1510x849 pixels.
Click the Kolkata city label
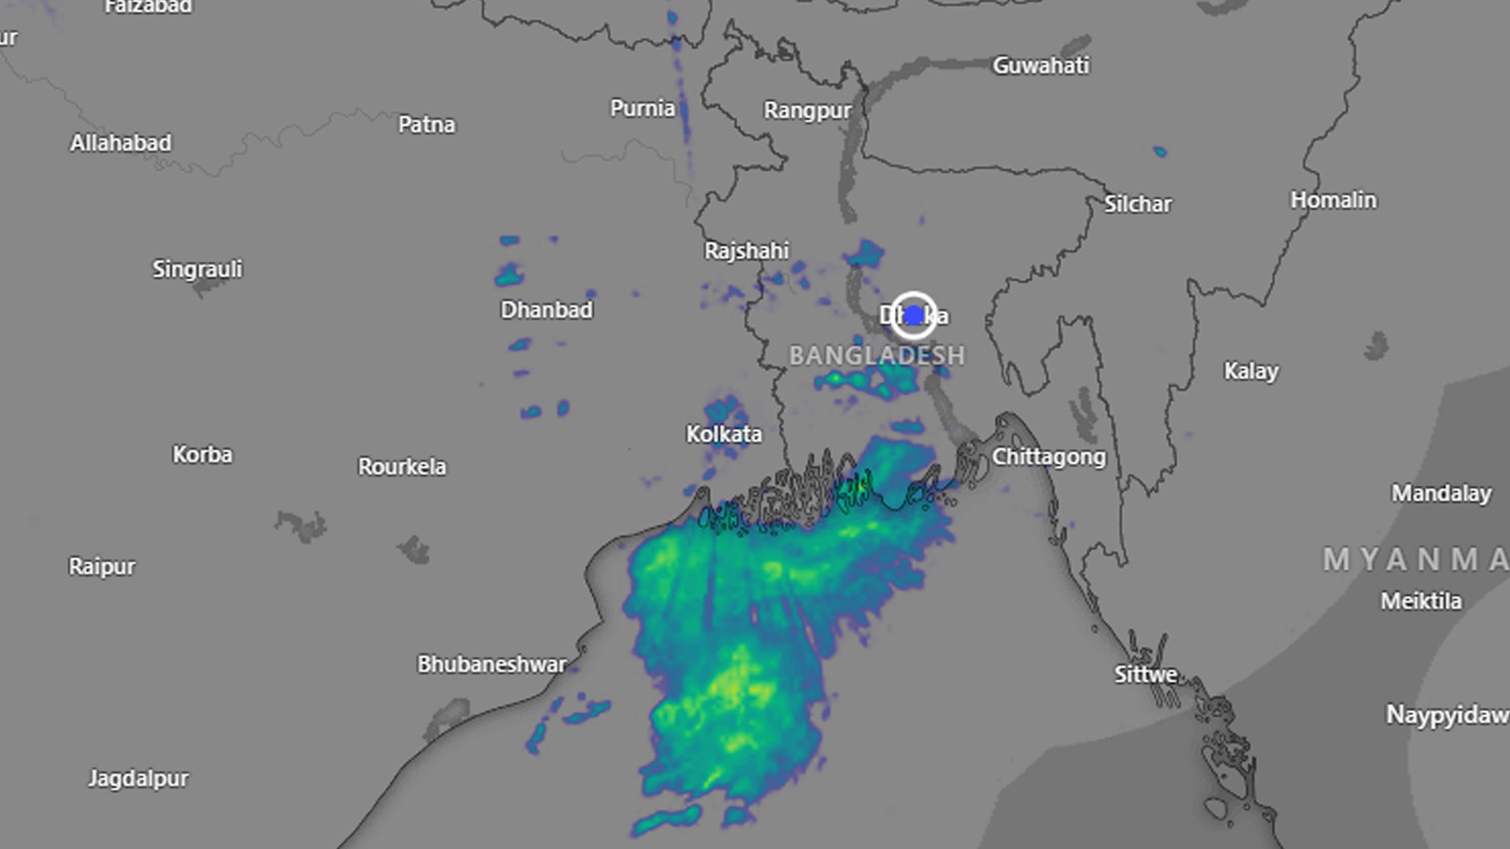click(x=724, y=434)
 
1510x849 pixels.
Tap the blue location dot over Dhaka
click(x=913, y=315)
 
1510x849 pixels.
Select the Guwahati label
click(x=1040, y=65)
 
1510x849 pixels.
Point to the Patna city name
click(x=426, y=124)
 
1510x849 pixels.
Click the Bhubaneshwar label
click(x=492, y=664)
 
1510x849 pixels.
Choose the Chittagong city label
click(x=1048, y=457)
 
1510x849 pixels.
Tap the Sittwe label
click(x=1145, y=674)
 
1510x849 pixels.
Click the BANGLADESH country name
click(x=877, y=355)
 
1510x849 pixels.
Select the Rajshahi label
click(x=746, y=251)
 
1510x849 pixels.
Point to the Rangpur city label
click(x=807, y=110)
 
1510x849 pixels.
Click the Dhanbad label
click(x=547, y=310)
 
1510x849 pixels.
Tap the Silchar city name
click(x=1138, y=204)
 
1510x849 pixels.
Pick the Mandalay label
click(x=1441, y=493)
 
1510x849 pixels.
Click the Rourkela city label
click(x=402, y=466)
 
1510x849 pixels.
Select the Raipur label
click(x=101, y=566)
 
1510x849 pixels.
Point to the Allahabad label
click(x=120, y=143)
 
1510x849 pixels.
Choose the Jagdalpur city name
click(x=138, y=778)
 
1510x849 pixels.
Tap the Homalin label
click(x=1333, y=200)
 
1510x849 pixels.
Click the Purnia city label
click(x=643, y=108)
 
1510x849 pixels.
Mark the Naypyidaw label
click(x=1446, y=715)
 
